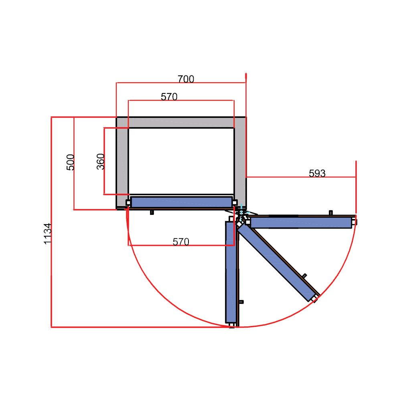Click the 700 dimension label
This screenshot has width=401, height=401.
tap(186, 79)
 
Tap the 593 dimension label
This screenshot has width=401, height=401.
tap(317, 173)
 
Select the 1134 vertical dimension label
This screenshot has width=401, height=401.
tap(48, 234)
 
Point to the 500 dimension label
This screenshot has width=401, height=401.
tap(70, 162)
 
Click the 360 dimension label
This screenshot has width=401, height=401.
tap(101, 161)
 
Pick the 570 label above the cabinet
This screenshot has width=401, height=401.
tap(169, 97)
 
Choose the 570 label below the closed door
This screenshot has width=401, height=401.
tap(181, 242)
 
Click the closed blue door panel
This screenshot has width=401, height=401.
tap(181, 202)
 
